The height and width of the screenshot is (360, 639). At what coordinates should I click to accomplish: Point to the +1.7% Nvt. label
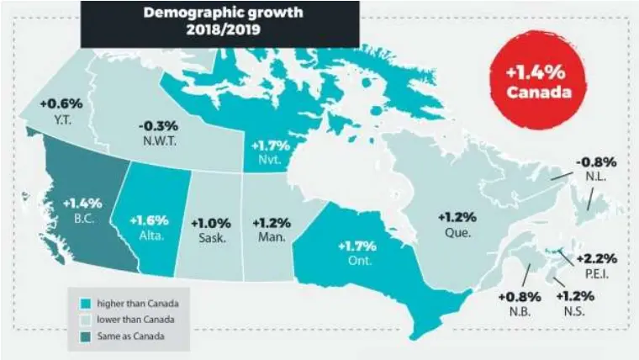pyautogui.click(x=271, y=151)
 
